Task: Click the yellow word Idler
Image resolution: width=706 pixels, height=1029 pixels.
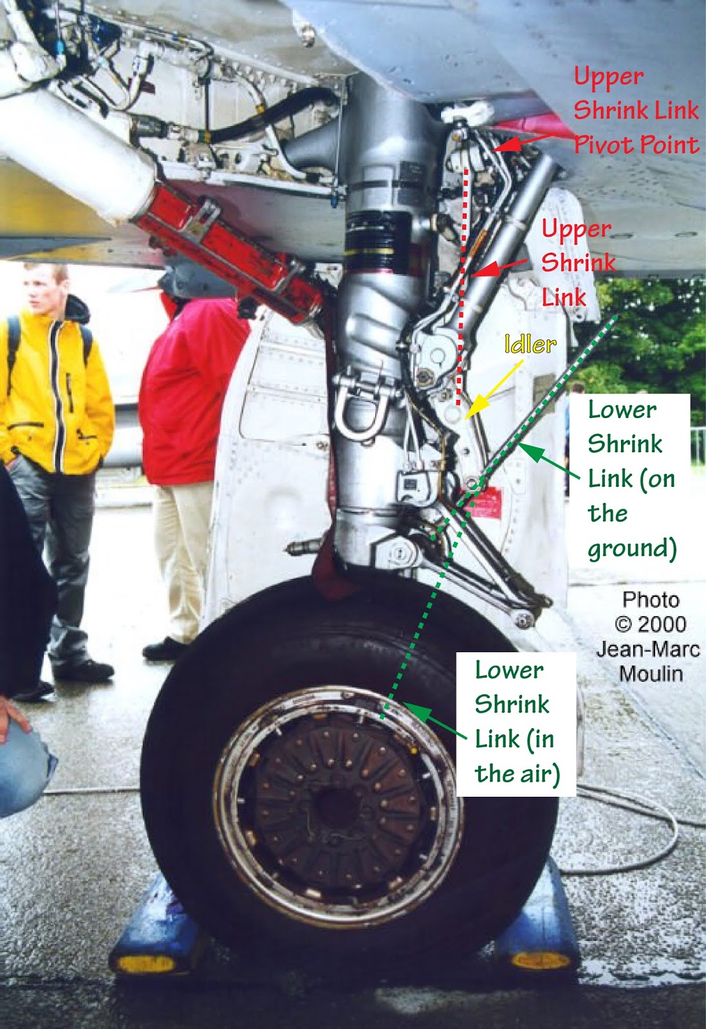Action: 530,345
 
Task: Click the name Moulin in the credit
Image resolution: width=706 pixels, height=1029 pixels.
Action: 651,673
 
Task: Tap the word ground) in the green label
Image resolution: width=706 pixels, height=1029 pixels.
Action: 632,549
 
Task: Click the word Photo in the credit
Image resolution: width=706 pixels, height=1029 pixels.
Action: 651,599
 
